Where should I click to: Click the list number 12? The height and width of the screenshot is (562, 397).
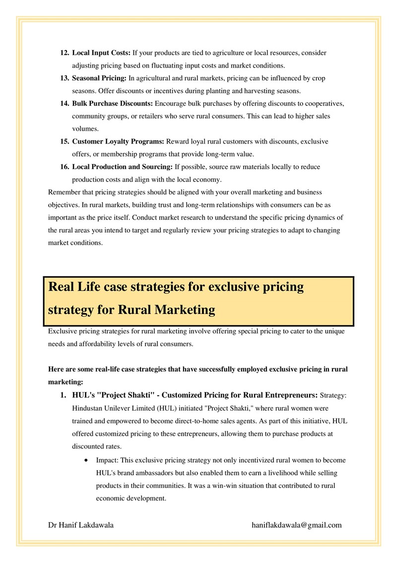(x=65, y=53)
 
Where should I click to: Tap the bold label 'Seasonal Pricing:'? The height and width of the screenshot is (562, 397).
(x=99, y=79)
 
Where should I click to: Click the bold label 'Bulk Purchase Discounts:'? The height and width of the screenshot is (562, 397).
(x=113, y=104)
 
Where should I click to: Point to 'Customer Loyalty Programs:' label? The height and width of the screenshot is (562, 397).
(x=118, y=142)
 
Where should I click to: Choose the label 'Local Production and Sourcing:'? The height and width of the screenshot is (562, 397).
(x=123, y=167)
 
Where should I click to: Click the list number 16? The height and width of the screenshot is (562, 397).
(x=65, y=167)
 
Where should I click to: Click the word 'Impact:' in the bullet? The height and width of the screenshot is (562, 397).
(x=108, y=460)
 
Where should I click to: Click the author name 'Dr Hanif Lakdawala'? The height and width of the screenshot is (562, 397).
(x=81, y=525)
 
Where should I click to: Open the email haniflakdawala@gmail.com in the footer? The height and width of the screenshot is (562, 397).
(x=297, y=525)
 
